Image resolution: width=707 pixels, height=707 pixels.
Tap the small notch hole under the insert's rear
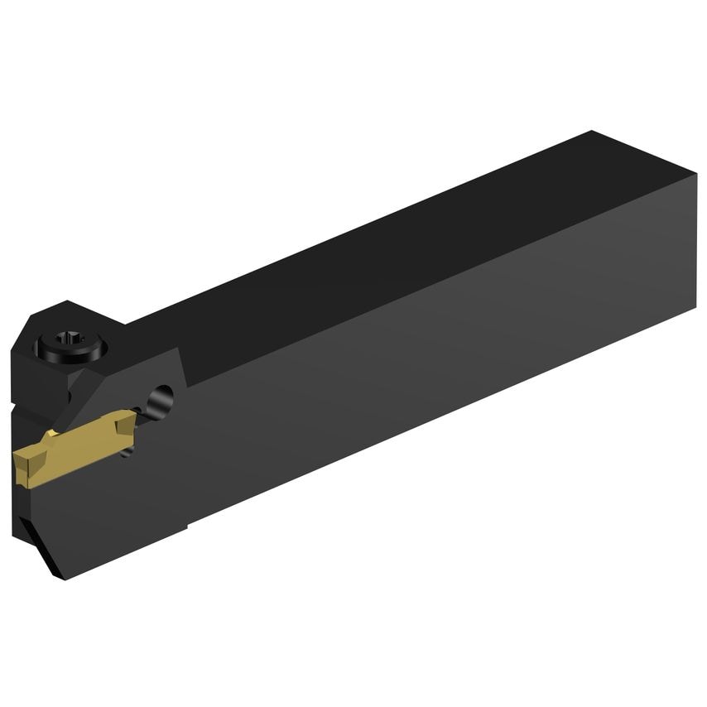point(126,452)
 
